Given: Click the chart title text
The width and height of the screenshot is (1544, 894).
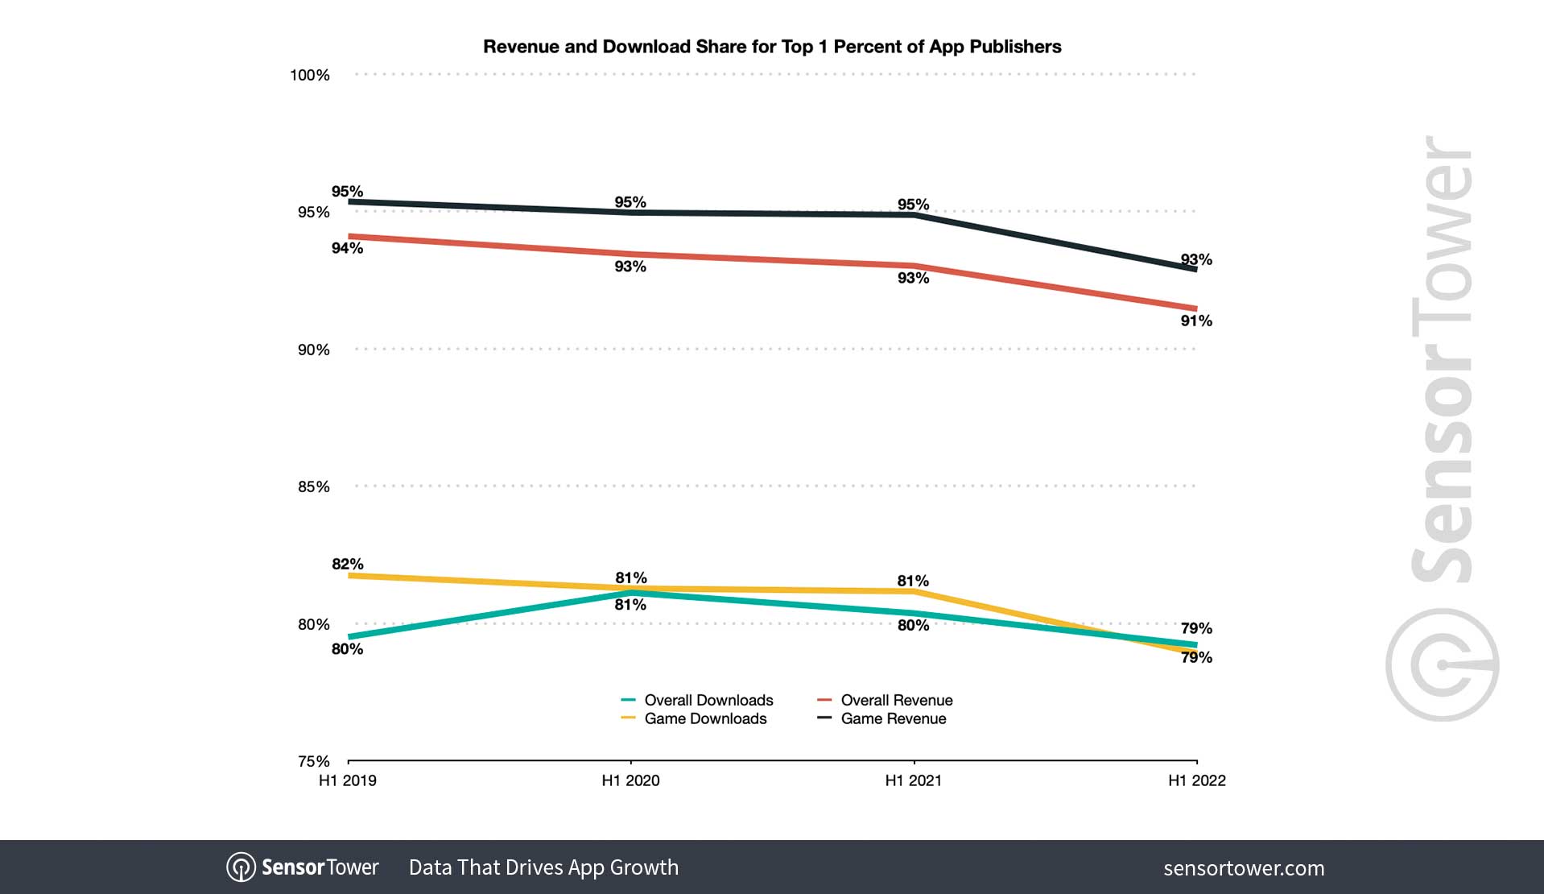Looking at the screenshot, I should [x=771, y=47].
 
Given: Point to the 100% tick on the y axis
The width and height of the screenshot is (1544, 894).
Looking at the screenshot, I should [x=310, y=75].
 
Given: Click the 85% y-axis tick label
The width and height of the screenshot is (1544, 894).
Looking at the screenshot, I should [x=314, y=486].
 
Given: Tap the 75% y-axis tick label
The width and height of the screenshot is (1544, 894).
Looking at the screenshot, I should [x=314, y=761].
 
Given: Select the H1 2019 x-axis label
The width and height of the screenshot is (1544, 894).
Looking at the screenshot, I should [x=348, y=780].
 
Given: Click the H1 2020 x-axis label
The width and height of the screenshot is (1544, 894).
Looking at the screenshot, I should [x=630, y=780].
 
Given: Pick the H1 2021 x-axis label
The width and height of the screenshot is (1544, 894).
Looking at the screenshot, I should [x=913, y=780].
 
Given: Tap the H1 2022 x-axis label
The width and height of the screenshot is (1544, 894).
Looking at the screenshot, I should [x=1196, y=780].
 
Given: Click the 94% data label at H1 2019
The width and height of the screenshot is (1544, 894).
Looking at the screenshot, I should [x=348, y=248].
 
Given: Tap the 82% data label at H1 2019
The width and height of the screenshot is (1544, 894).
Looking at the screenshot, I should [x=348, y=564].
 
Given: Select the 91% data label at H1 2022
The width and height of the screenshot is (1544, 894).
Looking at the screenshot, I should [x=1196, y=321].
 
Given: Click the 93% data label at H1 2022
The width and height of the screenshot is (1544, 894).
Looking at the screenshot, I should [x=1196, y=259].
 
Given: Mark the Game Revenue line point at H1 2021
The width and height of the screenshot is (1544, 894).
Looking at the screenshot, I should [x=914, y=215].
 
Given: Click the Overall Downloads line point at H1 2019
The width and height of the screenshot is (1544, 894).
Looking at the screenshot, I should [x=349, y=637].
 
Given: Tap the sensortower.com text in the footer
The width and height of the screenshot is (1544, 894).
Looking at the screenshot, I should [x=1244, y=868].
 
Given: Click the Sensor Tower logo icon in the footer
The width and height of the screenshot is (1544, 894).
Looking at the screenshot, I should [x=241, y=867].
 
